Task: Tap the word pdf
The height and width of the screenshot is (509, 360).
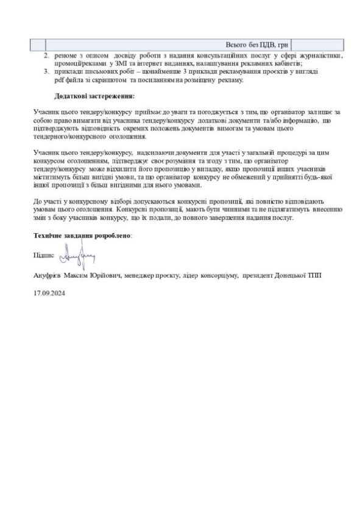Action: pyautogui.click(x=58, y=80)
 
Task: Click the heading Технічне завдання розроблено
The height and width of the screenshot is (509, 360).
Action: pyautogui.click(x=83, y=235)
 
